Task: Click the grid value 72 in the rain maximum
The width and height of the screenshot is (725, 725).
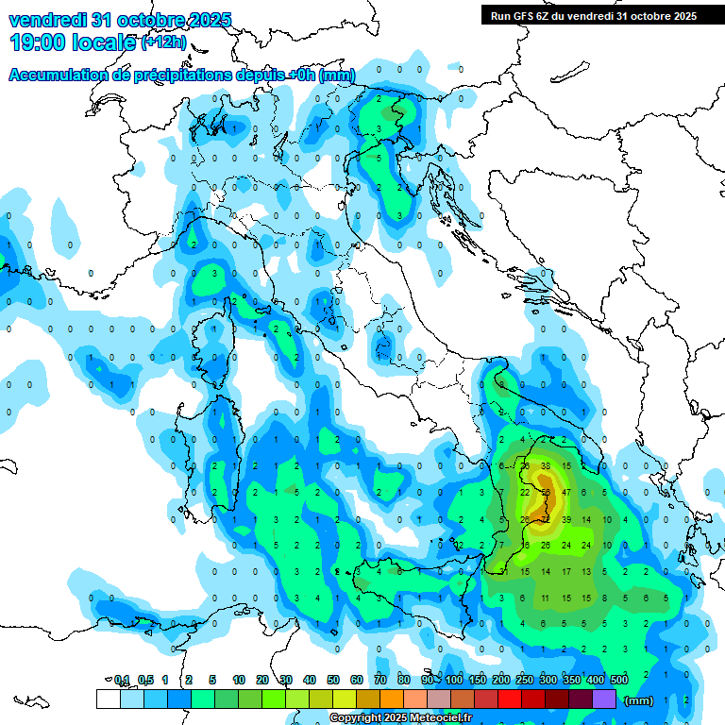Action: coord(546,519)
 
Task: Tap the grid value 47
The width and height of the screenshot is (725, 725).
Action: coord(566,493)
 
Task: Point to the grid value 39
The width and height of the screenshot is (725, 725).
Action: coord(566,519)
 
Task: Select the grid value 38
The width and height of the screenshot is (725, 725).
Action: coord(546,466)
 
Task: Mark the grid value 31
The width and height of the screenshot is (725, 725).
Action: coord(504,572)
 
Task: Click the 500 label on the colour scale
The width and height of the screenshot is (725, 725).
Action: coord(619,680)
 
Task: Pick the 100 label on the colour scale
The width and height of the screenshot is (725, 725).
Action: coord(454,680)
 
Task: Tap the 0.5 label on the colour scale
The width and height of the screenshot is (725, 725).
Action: coord(145,680)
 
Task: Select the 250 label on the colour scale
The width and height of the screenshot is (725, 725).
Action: coord(525,680)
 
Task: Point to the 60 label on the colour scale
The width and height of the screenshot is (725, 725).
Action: coord(356,680)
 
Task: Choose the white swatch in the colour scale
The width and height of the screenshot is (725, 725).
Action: coord(108,699)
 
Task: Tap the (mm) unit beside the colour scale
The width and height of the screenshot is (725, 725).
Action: coord(639,700)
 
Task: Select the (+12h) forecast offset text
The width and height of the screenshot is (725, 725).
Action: coord(164,42)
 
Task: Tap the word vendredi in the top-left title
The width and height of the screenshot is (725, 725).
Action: coord(45,20)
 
